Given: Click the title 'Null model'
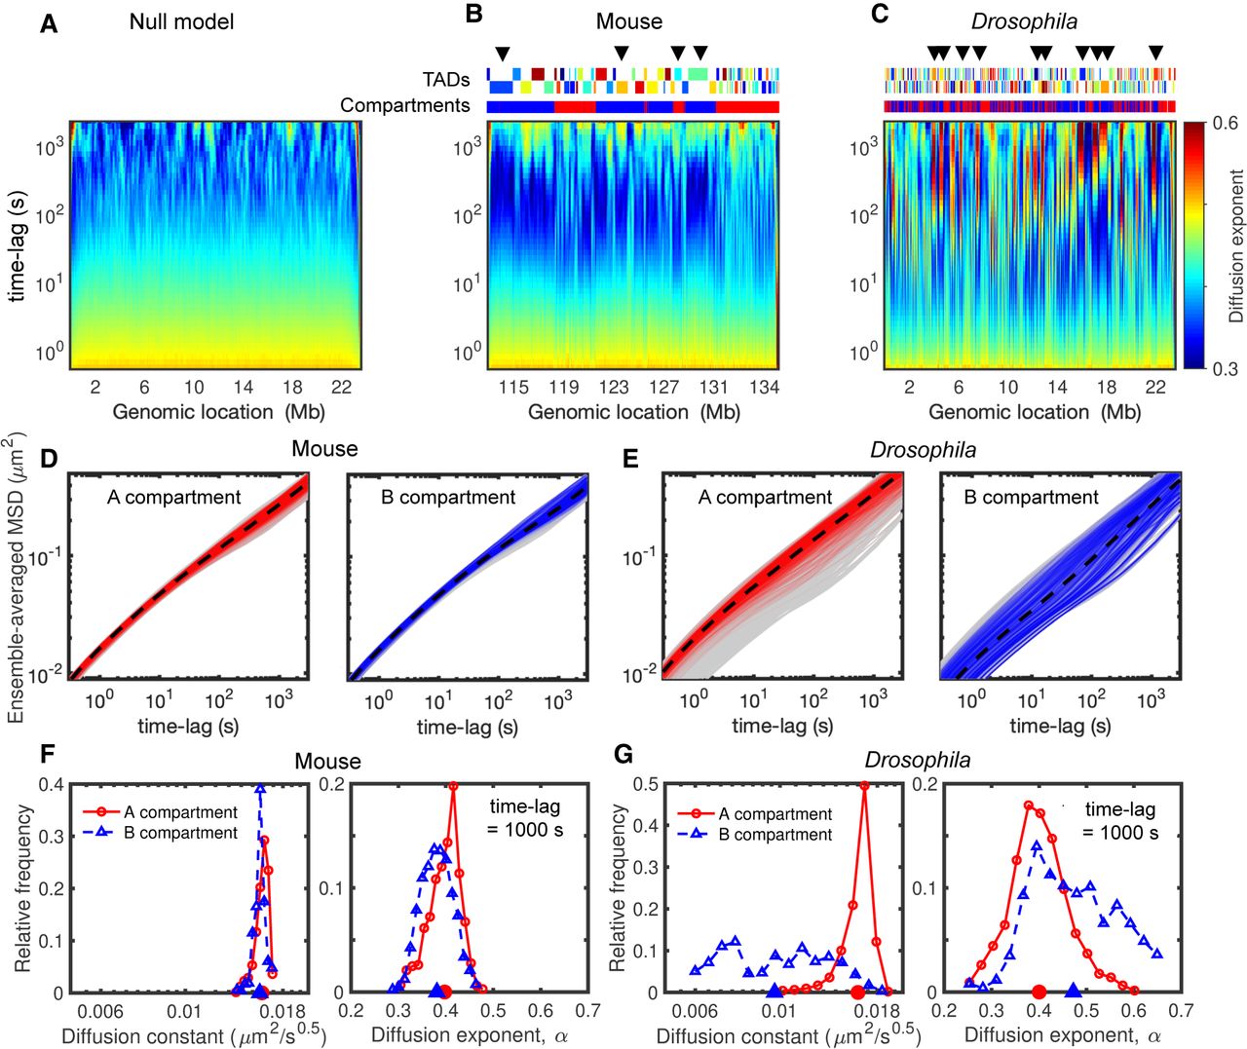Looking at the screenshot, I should (181, 20).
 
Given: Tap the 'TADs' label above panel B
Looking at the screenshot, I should (445, 79).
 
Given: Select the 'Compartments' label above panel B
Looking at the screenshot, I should (405, 105).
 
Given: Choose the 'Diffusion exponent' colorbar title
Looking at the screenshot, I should (1236, 246).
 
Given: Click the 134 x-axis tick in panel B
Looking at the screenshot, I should (765, 388).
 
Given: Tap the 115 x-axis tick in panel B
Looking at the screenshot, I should (513, 388).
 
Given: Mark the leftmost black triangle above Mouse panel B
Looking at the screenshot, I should (502, 53).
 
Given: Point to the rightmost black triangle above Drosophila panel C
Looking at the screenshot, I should (1155, 53).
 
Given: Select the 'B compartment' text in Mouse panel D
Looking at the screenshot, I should (447, 497).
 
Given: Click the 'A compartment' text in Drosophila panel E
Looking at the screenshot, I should (765, 497).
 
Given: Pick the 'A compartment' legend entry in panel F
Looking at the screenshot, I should (180, 812).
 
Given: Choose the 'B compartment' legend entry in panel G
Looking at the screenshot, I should (775, 835).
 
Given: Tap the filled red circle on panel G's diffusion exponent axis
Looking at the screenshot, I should (1039, 992).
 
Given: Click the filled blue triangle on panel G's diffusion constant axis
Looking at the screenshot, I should (775, 992).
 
